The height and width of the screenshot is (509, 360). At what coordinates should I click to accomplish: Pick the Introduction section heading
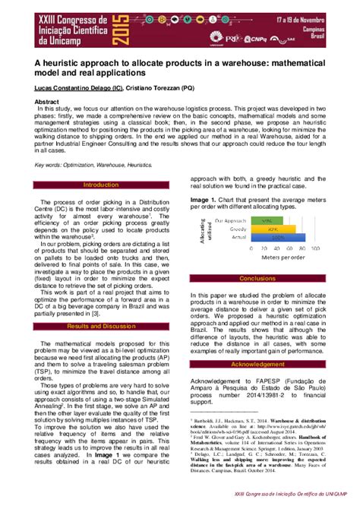point(101,185)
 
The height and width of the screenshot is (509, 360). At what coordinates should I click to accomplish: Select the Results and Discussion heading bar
point(101,325)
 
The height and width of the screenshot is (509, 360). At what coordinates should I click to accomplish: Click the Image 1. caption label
point(204,201)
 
